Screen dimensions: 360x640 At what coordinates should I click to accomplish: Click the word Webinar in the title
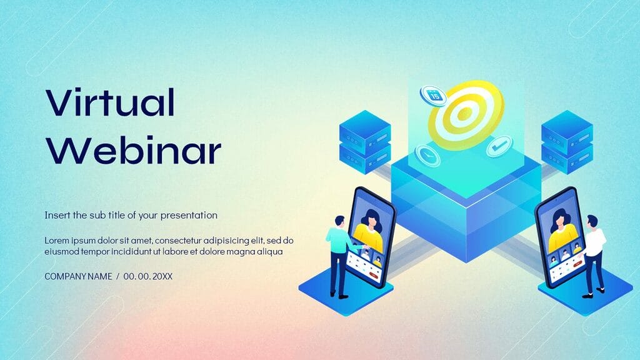134,150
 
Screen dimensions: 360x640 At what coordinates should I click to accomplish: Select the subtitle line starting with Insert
131,215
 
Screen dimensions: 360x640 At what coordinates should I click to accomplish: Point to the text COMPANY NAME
78,276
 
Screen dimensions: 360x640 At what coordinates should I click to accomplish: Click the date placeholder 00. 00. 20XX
147,276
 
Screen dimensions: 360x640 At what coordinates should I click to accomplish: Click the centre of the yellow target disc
464,114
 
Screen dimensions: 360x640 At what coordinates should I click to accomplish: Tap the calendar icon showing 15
433,95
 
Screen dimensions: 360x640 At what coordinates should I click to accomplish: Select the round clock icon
427,154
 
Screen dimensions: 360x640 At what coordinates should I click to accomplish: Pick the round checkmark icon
499,147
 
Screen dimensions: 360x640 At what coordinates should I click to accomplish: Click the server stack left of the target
364,142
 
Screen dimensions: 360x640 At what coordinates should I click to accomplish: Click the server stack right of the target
566,142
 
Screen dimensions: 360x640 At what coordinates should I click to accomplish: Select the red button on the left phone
374,273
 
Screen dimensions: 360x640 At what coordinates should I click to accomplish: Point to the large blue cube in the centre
466,206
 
